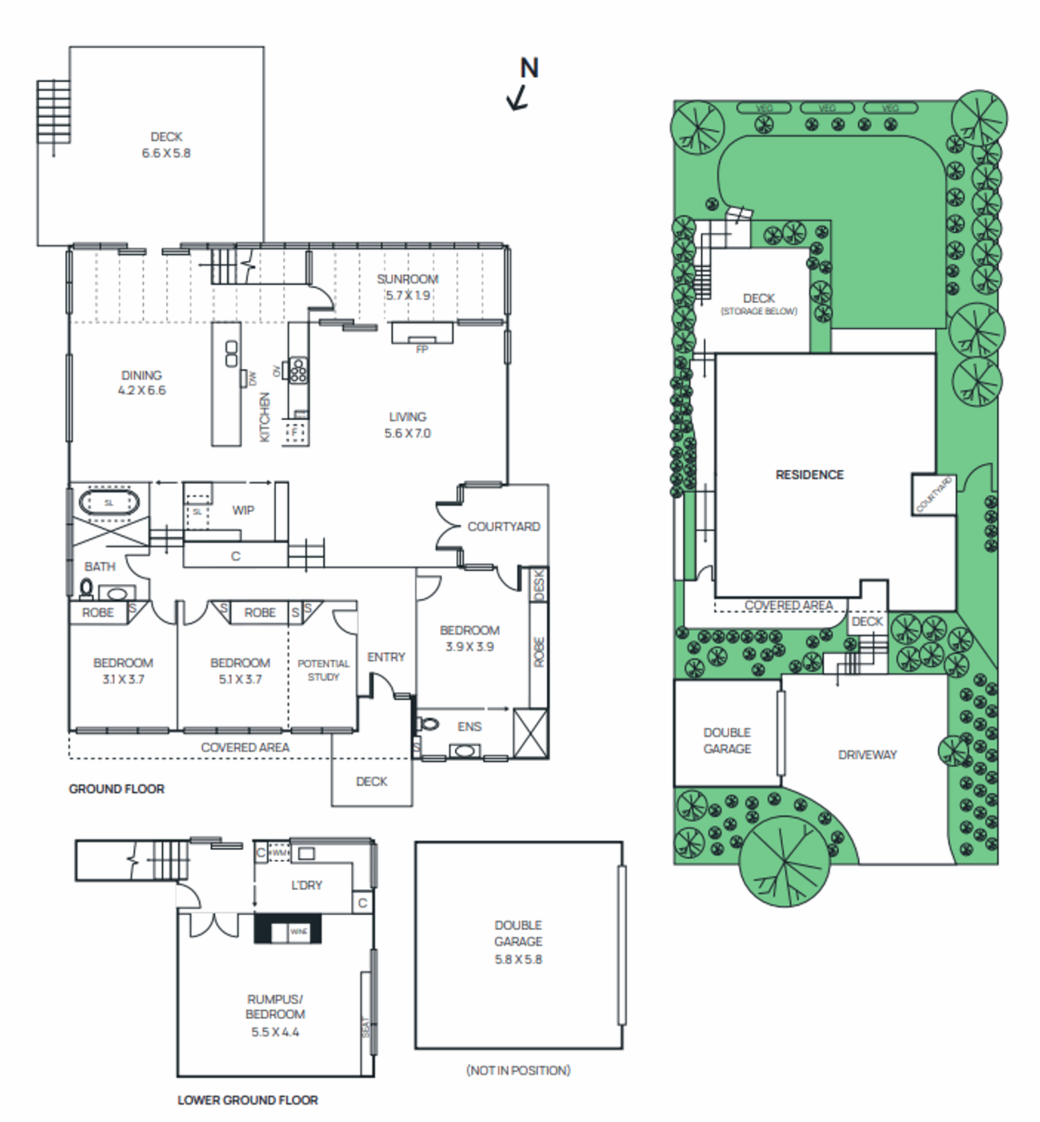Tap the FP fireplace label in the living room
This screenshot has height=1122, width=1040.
(x=422, y=349)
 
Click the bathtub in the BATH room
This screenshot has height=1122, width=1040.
(x=109, y=503)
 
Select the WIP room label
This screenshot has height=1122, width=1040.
(x=243, y=510)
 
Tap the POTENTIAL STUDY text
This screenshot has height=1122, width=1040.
(x=323, y=670)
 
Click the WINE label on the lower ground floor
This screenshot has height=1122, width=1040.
(x=299, y=931)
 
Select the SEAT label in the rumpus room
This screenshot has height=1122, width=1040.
(x=365, y=1027)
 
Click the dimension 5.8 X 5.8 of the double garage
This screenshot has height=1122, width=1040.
(x=518, y=959)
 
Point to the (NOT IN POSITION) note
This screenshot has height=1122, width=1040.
(x=518, y=1070)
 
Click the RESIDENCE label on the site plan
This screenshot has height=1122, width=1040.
(x=809, y=475)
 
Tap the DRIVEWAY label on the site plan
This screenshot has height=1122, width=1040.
(x=867, y=755)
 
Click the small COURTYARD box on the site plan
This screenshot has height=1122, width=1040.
(x=933, y=494)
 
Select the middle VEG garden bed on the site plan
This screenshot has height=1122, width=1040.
(x=827, y=108)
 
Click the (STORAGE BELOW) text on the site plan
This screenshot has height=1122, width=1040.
(x=759, y=311)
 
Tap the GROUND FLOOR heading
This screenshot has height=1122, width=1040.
(x=116, y=789)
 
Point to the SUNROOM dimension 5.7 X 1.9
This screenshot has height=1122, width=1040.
(x=408, y=295)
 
